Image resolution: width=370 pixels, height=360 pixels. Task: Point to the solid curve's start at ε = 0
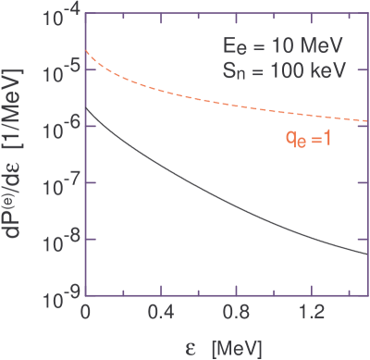point(86,110)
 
